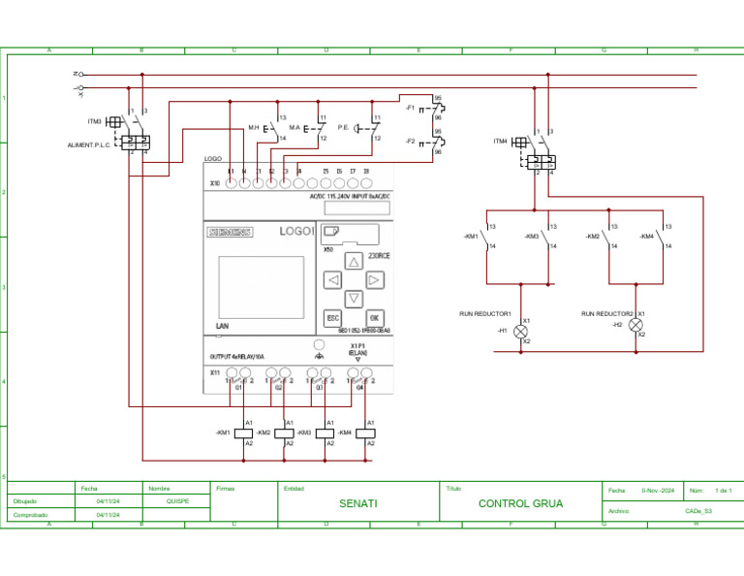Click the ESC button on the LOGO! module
click(x=332, y=318)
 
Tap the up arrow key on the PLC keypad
click(x=354, y=261)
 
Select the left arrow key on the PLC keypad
click(x=332, y=280)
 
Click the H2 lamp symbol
click(x=635, y=325)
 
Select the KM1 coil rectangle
click(x=242, y=432)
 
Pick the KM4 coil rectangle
click(x=364, y=432)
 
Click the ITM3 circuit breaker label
click(x=94, y=121)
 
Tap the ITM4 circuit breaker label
click(x=500, y=142)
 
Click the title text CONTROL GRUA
click(x=520, y=504)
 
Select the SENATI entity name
click(x=358, y=504)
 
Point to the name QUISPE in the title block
click(x=178, y=501)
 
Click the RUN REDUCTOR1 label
click(x=484, y=314)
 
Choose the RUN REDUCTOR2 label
click(x=607, y=314)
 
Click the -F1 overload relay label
click(x=410, y=109)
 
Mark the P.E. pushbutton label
click(x=343, y=127)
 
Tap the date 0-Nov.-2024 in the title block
click(x=658, y=492)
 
